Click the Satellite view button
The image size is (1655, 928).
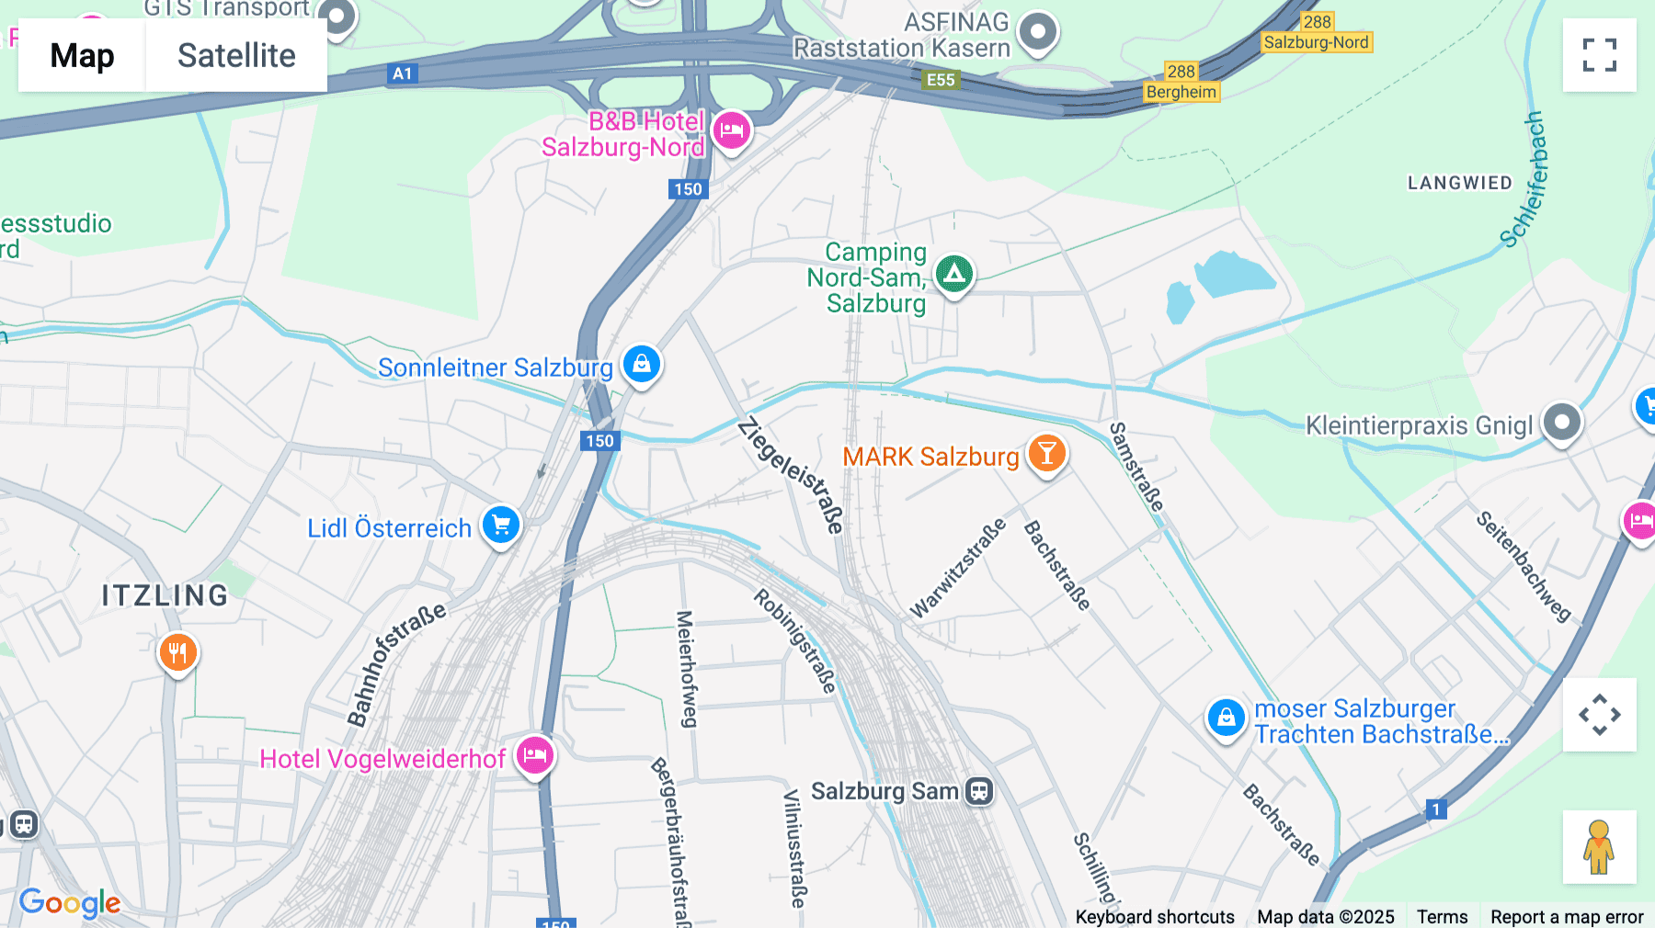(236, 55)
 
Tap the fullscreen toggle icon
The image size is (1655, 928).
(1599, 55)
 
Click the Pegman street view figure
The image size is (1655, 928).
(1599, 846)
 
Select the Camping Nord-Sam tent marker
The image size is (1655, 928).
(953, 273)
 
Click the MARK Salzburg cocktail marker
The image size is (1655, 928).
(1046, 453)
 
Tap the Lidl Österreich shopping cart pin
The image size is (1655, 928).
(501, 526)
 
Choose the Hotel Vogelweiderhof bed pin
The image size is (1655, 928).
(534, 756)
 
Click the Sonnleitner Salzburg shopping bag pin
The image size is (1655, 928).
(642, 364)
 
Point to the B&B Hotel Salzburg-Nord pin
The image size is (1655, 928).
(732, 130)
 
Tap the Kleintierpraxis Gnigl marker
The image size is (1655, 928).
(1561, 423)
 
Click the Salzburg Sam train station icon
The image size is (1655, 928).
(980, 791)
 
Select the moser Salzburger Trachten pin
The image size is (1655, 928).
(1226, 718)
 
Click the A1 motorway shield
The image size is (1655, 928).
(403, 74)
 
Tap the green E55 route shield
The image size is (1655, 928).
(941, 80)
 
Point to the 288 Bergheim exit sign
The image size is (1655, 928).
(1181, 82)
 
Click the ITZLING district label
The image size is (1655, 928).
(165, 595)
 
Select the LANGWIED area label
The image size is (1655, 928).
(1459, 183)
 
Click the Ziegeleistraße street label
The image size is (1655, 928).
(791, 475)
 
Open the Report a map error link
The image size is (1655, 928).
(1567, 917)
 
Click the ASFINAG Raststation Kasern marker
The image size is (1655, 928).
(1039, 33)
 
